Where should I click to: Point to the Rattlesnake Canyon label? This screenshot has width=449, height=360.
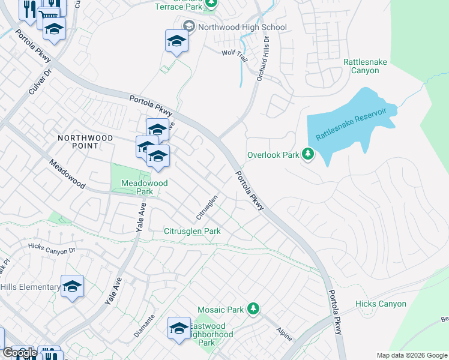pyautogui.click(x=361, y=66)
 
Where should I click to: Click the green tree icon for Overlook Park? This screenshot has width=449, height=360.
pyautogui.click(x=308, y=155)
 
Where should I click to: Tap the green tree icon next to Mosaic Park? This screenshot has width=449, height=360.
pyautogui.click(x=253, y=309)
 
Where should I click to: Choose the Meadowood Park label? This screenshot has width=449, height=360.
pyautogui.click(x=136, y=187)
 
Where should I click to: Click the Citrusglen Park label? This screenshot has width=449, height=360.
pyautogui.click(x=192, y=231)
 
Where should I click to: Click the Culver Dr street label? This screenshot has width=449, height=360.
pyautogui.click(x=40, y=82)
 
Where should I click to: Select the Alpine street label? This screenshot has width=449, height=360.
pyautogui.click(x=283, y=331)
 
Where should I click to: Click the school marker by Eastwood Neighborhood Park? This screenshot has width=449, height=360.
pyautogui.click(x=179, y=328)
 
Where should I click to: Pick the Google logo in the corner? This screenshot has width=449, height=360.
pyautogui.click(x=19, y=353)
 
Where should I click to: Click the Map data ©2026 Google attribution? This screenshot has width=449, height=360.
pyautogui.click(x=411, y=355)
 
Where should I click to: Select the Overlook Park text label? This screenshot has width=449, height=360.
pyautogui.click(x=273, y=155)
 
